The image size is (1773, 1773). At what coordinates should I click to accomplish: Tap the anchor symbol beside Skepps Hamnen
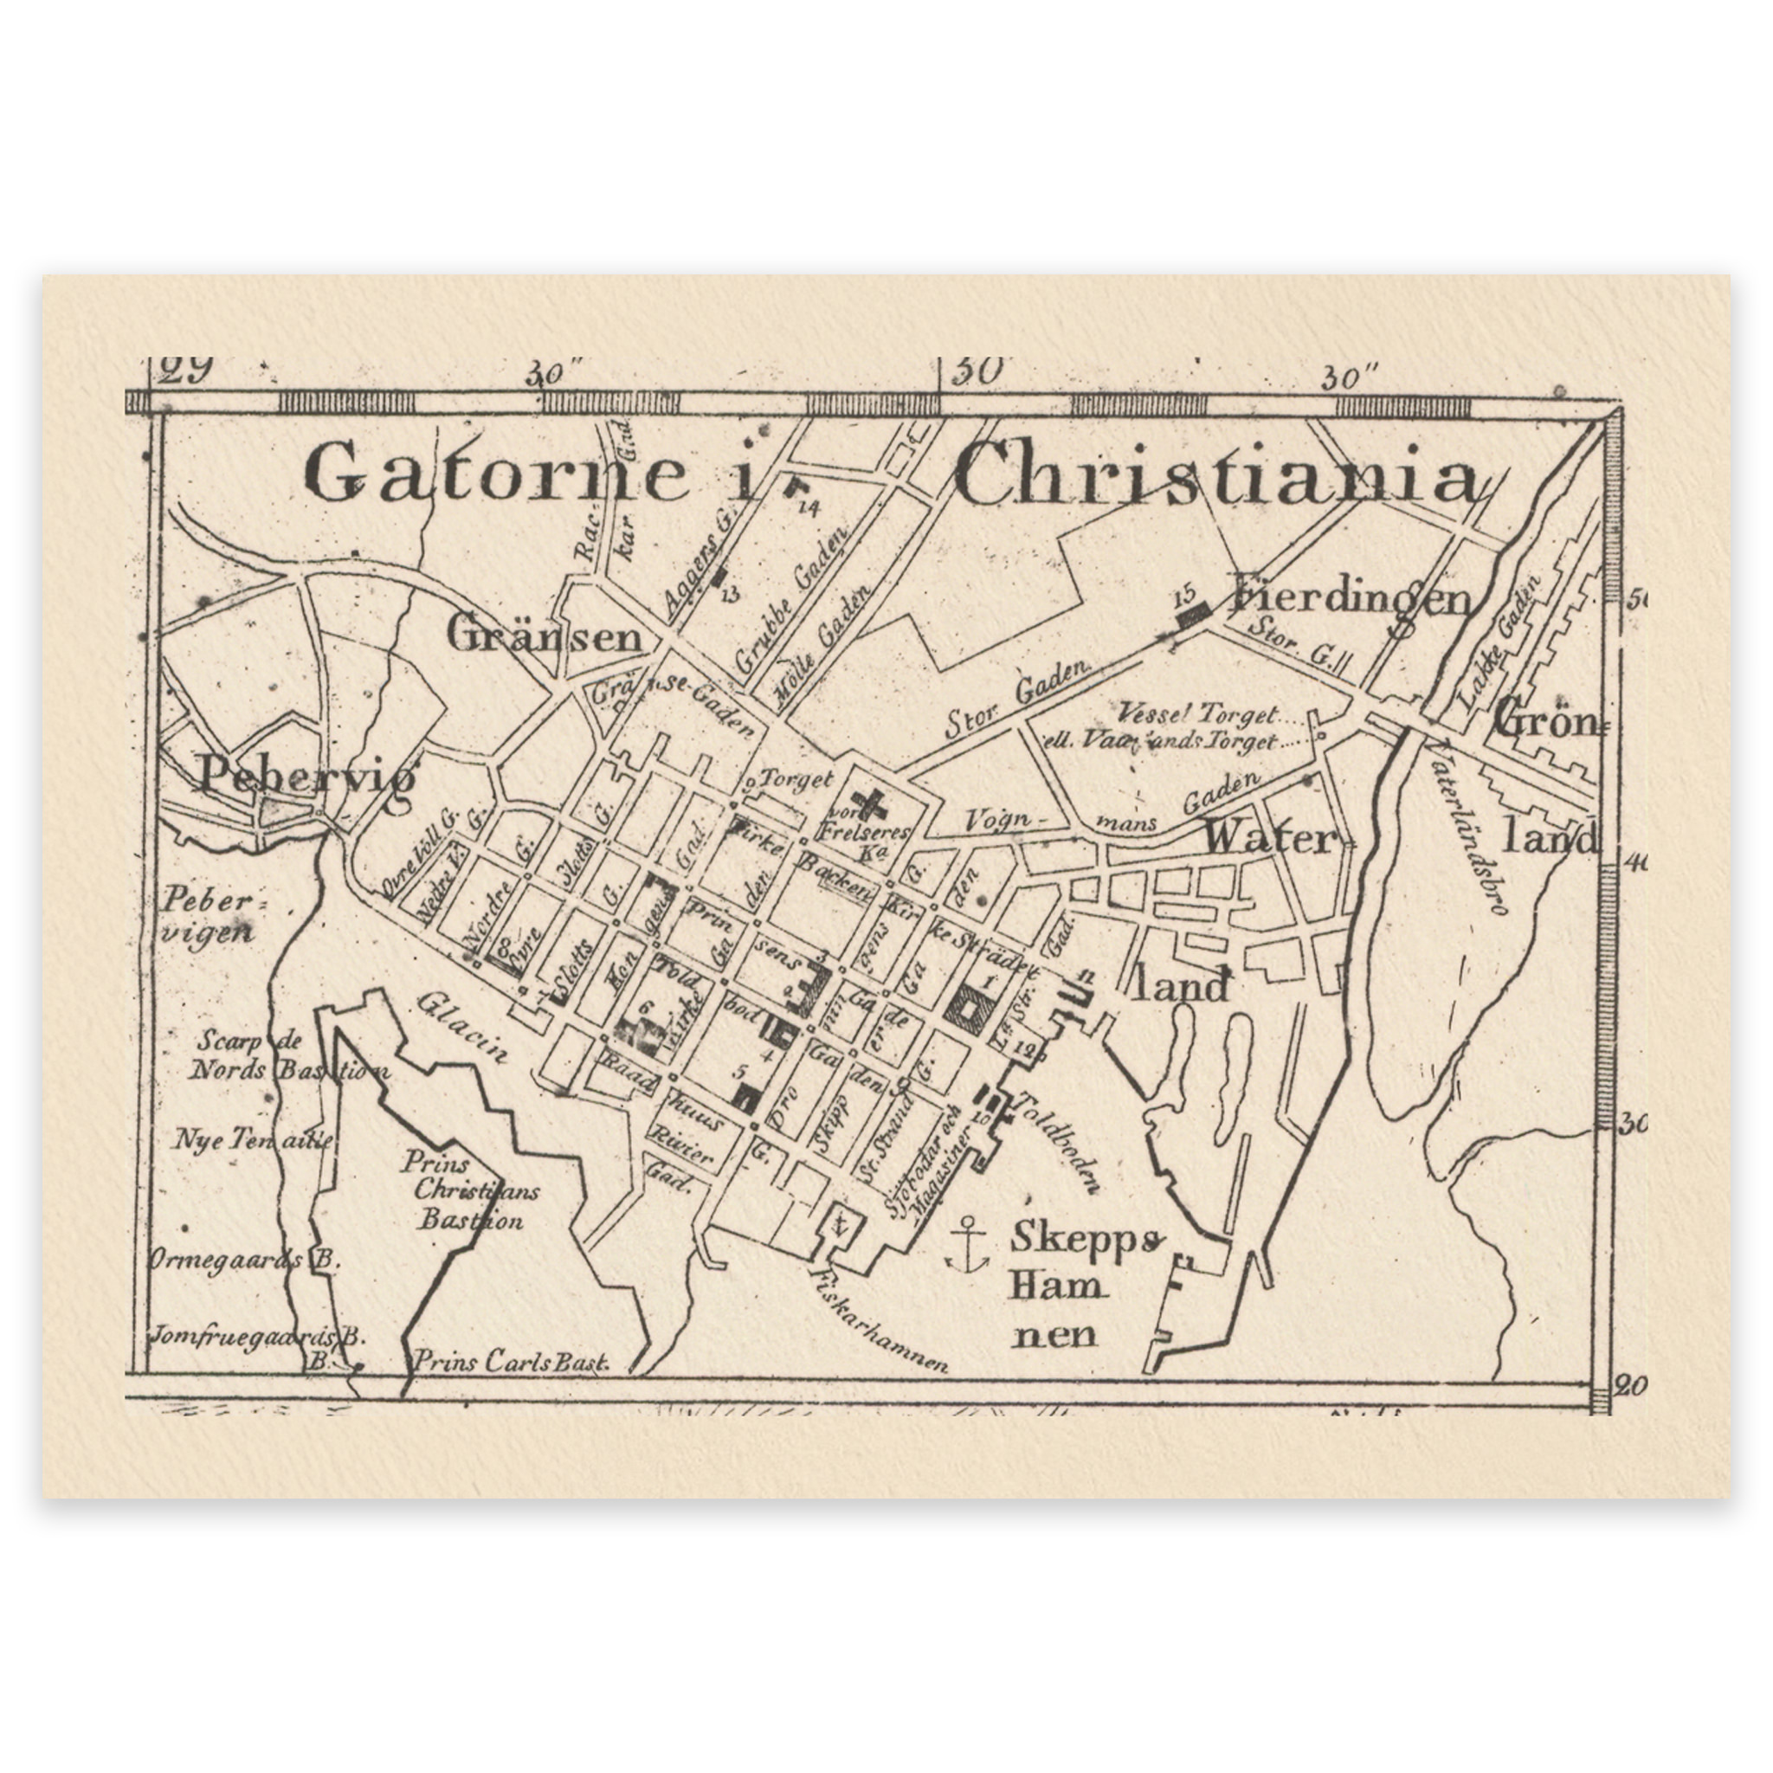pos(966,1243)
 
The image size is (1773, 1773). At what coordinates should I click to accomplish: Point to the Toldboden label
pos(1059,1143)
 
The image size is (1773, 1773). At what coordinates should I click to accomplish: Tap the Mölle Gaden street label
pos(822,648)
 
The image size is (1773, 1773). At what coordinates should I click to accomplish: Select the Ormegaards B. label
pos(244,1259)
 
